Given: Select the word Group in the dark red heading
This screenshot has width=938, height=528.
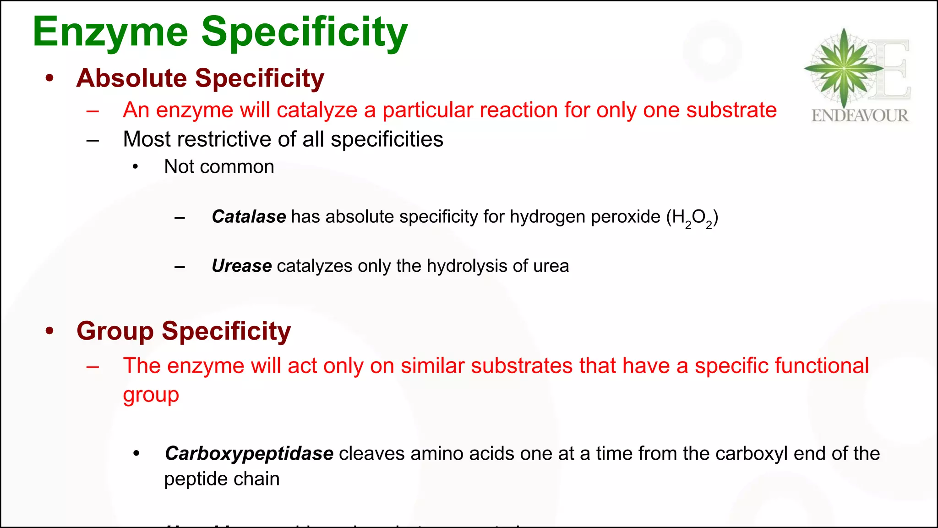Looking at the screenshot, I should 115,331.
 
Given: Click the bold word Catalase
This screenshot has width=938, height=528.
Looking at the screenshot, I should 249,217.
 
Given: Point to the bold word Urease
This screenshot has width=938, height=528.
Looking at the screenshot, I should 241,266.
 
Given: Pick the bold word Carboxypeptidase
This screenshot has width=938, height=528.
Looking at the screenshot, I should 249,454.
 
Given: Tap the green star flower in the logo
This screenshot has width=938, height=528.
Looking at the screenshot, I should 844,68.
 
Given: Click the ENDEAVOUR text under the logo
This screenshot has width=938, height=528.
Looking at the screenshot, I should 860,115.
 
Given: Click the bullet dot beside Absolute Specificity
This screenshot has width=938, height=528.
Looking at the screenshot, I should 50,77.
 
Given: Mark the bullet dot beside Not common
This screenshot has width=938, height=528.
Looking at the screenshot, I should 135,167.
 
